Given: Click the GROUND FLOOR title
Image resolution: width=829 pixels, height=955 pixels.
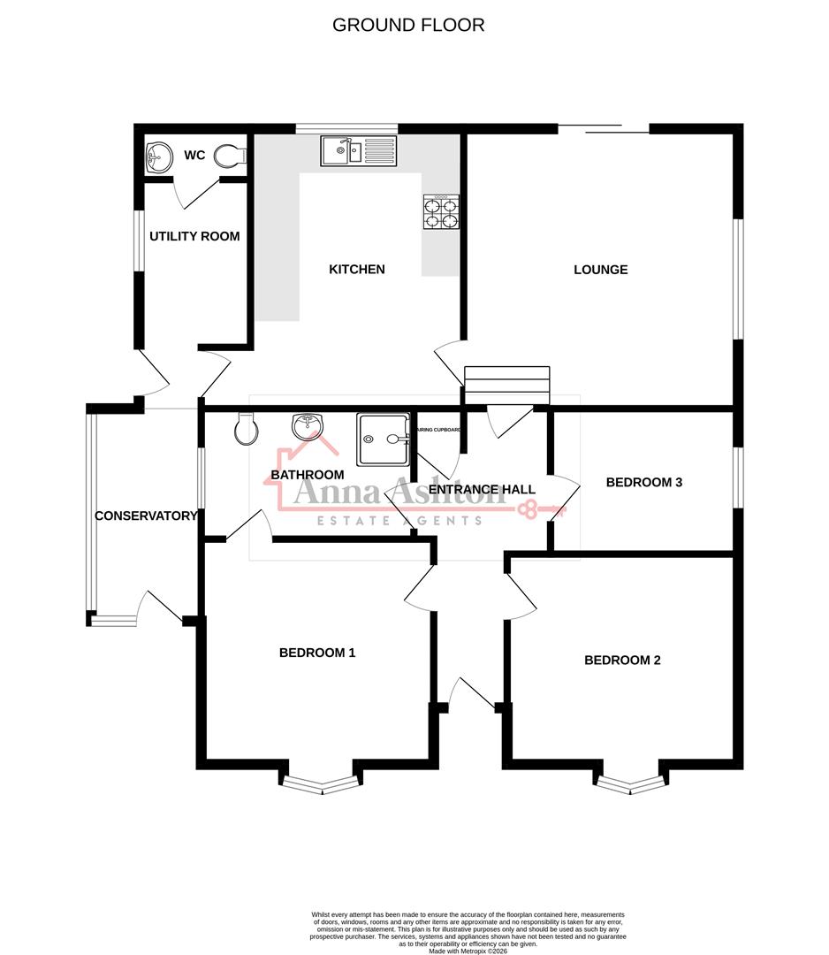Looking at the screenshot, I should (408, 25).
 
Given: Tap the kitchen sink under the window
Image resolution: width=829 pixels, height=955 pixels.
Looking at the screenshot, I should (360, 150).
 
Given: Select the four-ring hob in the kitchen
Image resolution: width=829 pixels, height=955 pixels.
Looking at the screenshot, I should (441, 212).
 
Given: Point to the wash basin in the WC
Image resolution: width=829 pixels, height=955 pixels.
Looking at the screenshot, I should (158, 157).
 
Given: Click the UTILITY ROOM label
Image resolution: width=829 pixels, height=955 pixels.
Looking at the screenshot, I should (194, 236).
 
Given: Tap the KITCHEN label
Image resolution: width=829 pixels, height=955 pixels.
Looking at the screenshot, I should (357, 269).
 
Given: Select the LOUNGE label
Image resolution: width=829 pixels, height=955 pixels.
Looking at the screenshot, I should (600, 269).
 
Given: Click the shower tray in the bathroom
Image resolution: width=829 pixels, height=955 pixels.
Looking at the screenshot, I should (384, 439).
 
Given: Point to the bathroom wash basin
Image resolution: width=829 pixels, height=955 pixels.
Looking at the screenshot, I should (307, 426).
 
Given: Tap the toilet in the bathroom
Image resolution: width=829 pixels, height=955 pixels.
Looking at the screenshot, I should (247, 431).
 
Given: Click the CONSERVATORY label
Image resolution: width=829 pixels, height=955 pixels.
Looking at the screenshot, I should (146, 516).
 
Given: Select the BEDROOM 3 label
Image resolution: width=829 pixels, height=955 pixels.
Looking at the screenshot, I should (643, 482).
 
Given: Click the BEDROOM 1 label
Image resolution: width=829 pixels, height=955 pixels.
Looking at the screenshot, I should (317, 653).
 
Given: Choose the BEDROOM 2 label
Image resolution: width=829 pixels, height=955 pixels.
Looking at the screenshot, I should (622, 660).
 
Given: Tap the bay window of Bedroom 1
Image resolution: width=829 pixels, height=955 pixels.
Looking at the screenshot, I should (320, 783).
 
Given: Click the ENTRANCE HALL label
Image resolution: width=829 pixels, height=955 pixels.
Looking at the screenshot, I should (482, 489).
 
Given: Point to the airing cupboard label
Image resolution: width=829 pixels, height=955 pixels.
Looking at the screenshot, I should (438, 429).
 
